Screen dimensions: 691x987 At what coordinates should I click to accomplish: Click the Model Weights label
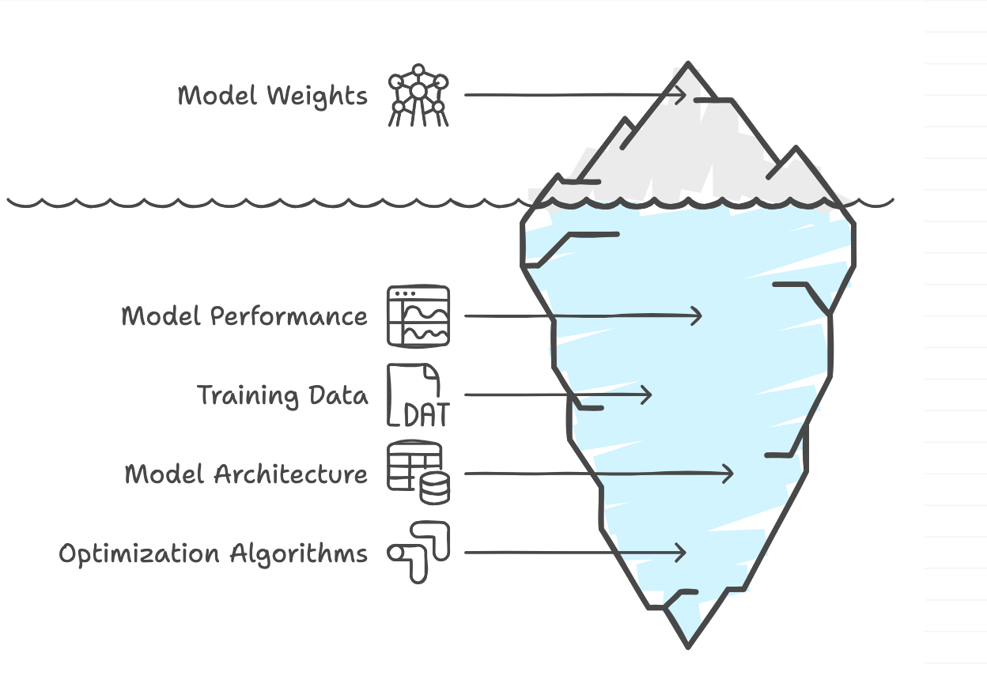pos(272,96)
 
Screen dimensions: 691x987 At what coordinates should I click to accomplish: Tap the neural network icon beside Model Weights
pos(418,96)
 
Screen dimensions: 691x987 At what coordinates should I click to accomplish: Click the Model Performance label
pos(244,316)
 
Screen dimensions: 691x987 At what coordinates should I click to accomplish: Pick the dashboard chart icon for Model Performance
pos(418,316)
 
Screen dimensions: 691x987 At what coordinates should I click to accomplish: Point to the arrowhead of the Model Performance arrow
pos(696,316)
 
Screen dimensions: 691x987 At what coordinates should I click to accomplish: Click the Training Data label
pos(282,395)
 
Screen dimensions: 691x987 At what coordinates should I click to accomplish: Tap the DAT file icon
pos(417,395)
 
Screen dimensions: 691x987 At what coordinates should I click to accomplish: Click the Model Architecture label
pos(246,474)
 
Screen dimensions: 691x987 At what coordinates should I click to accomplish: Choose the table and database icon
pos(418,474)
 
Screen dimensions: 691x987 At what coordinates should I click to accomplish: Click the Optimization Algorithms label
pos(214,553)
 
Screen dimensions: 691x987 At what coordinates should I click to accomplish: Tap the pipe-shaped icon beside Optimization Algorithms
pos(418,552)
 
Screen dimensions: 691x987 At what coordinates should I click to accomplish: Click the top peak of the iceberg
pos(689,63)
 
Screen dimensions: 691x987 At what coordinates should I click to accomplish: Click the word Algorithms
pos(299,553)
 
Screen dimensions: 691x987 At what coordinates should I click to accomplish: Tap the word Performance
pos(289,316)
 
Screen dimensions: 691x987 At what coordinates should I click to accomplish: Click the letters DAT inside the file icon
pos(425,414)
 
